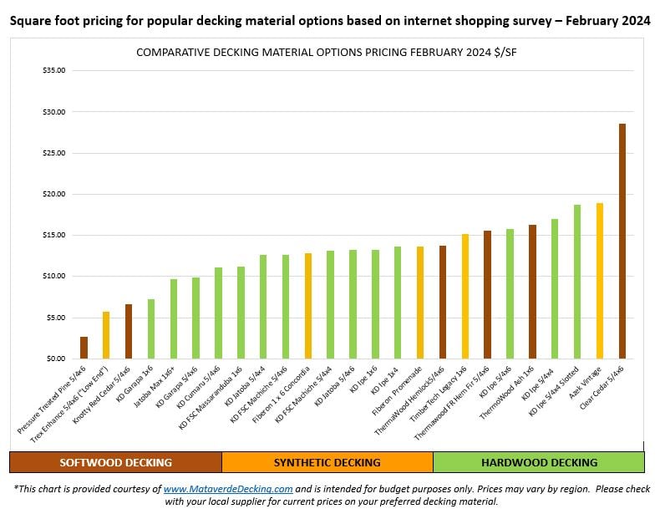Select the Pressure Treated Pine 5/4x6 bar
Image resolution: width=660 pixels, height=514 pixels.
pos(84,348)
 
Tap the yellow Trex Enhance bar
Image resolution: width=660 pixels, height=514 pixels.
pos(106,335)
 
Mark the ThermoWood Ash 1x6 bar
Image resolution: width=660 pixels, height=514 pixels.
pos(532,292)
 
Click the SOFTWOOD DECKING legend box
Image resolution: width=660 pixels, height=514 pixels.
pos(115,462)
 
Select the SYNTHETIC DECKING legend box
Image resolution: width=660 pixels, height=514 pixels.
pos(327,462)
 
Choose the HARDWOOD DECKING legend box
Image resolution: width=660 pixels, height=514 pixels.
pos(539,462)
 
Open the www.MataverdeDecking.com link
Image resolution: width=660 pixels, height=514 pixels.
pos(228,488)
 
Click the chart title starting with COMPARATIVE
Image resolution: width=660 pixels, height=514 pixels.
pos(331,53)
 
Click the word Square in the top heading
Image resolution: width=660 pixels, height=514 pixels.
pos(30,21)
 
